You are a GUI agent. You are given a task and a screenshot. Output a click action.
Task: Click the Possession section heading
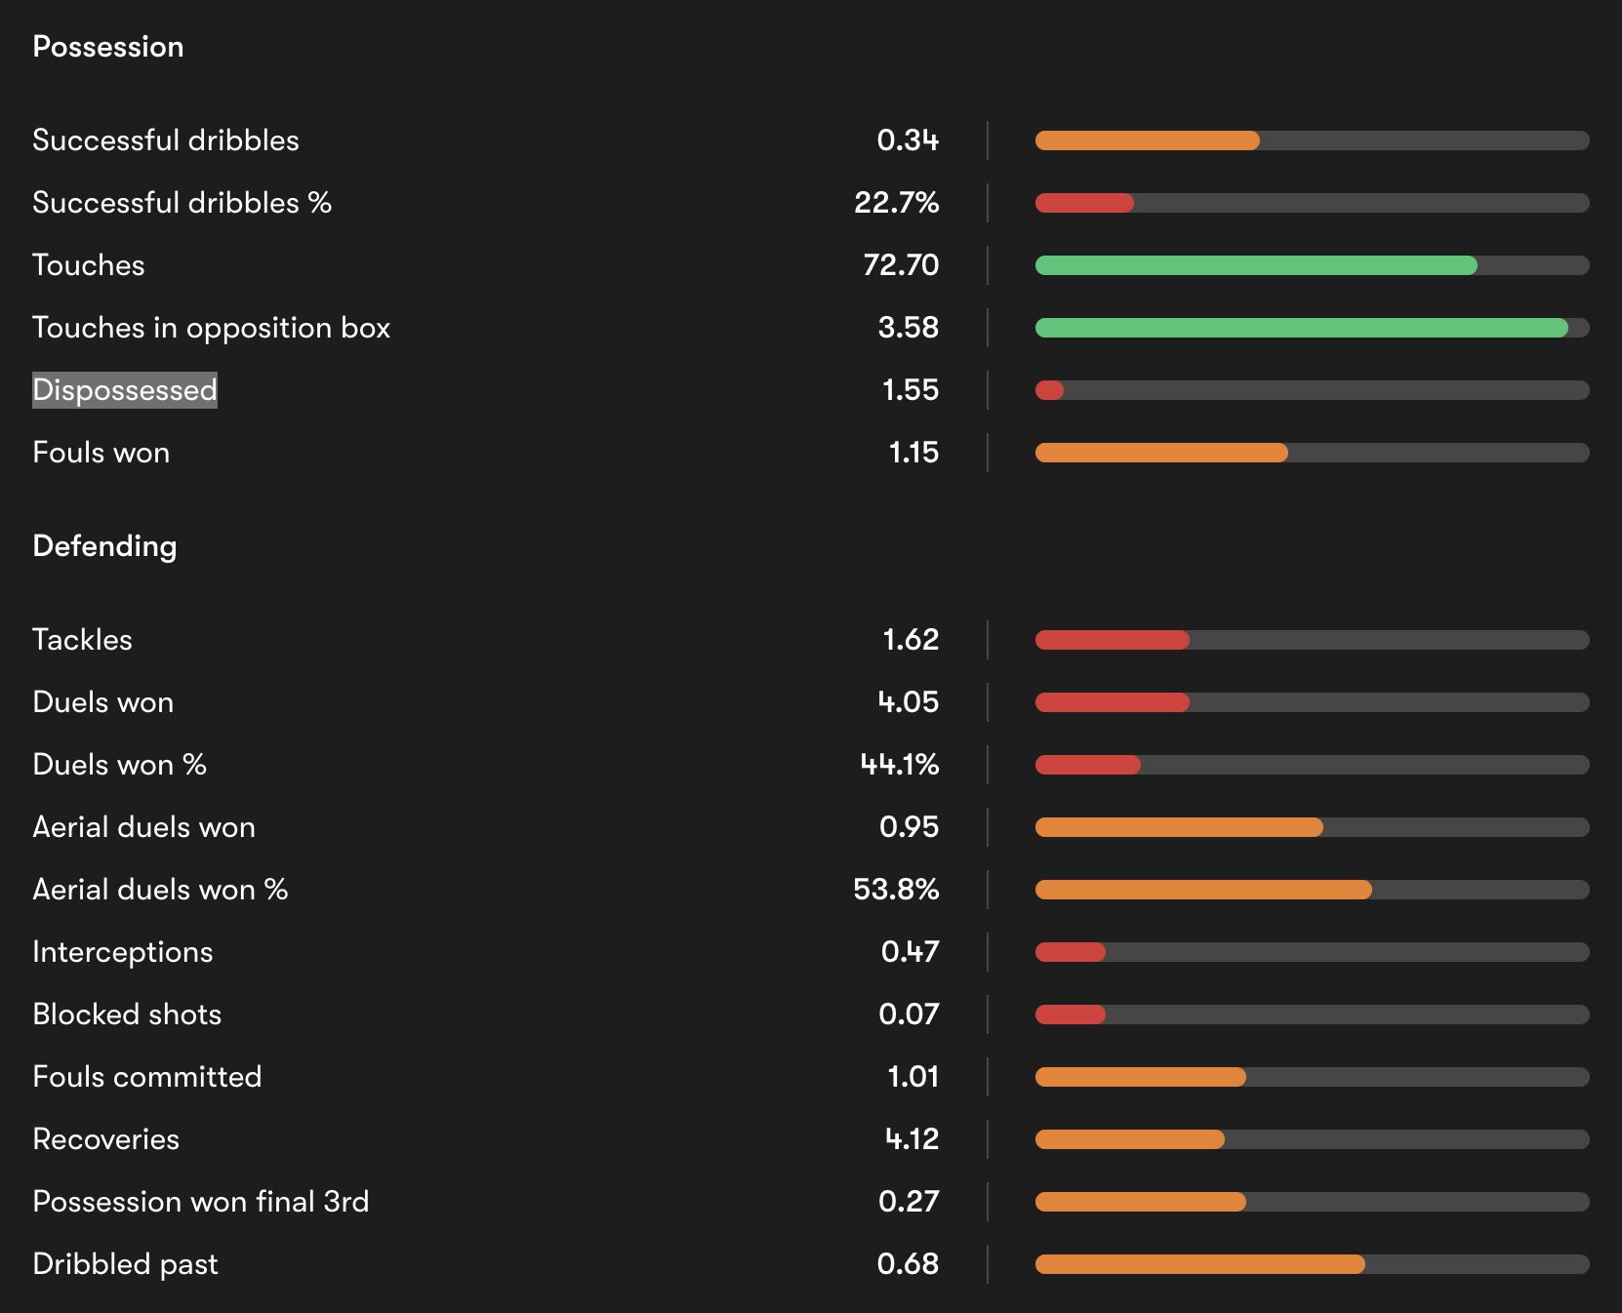pyautogui.click(x=108, y=47)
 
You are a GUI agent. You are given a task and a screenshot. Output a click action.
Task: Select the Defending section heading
pyautogui.click(x=104, y=546)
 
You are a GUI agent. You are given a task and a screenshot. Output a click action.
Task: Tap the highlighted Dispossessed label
pyautogui.click(x=125, y=390)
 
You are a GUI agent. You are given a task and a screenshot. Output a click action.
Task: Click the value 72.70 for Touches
pyautogui.click(x=901, y=265)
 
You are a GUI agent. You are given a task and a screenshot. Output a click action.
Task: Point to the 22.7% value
pyautogui.click(x=896, y=203)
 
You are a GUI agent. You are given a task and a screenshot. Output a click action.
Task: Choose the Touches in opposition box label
pyautogui.click(x=211, y=328)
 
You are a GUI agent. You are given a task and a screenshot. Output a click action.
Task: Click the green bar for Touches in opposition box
pyautogui.click(x=1301, y=328)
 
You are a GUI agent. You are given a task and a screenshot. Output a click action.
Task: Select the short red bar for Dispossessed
pyautogui.click(x=1049, y=390)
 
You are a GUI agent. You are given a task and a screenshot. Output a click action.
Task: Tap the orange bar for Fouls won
pyautogui.click(x=1161, y=453)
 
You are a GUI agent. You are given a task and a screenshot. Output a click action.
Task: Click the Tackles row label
pyautogui.click(x=82, y=640)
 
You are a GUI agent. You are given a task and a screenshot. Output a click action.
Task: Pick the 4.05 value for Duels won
pyautogui.click(x=908, y=702)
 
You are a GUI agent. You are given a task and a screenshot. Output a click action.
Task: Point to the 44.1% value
pyautogui.click(x=899, y=765)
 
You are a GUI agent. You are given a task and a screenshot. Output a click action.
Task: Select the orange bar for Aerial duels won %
pyautogui.click(x=1203, y=890)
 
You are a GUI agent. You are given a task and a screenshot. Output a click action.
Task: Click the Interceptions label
pyautogui.click(x=122, y=952)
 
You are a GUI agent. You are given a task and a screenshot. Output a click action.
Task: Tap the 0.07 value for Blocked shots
pyautogui.click(x=909, y=1015)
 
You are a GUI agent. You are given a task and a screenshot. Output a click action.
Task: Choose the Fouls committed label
pyautogui.click(x=146, y=1077)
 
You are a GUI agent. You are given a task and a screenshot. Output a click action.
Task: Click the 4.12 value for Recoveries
pyautogui.click(x=912, y=1139)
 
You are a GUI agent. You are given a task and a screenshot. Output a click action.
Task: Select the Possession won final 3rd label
pyautogui.click(x=200, y=1202)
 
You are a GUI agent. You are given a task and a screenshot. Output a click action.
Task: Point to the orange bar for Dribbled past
pyautogui.click(x=1199, y=1264)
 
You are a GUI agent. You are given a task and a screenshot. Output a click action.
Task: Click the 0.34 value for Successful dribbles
pyautogui.click(x=908, y=140)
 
